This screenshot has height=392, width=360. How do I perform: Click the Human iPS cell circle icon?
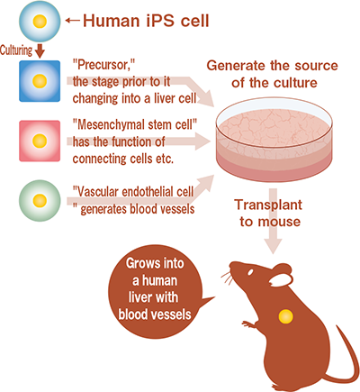(40, 21)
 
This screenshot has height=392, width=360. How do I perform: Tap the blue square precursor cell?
(40, 81)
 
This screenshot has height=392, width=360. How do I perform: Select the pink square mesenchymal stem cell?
(40, 141)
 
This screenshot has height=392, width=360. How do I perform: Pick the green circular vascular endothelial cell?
(40, 201)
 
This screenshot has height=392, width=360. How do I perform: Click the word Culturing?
(16, 50)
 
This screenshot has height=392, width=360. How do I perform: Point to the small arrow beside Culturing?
(40, 50)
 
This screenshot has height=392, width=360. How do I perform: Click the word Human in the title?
(112, 21)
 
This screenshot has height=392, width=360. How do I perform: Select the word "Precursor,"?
(103, 65)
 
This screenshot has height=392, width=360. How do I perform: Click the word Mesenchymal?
(116, 125)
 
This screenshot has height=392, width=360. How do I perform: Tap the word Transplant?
(268, 205)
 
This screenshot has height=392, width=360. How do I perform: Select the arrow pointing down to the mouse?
(273, 221)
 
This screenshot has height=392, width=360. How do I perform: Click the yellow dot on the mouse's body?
(285, 316)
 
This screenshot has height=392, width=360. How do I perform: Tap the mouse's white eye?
(250, 272)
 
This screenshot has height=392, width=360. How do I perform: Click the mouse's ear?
(281, 275)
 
